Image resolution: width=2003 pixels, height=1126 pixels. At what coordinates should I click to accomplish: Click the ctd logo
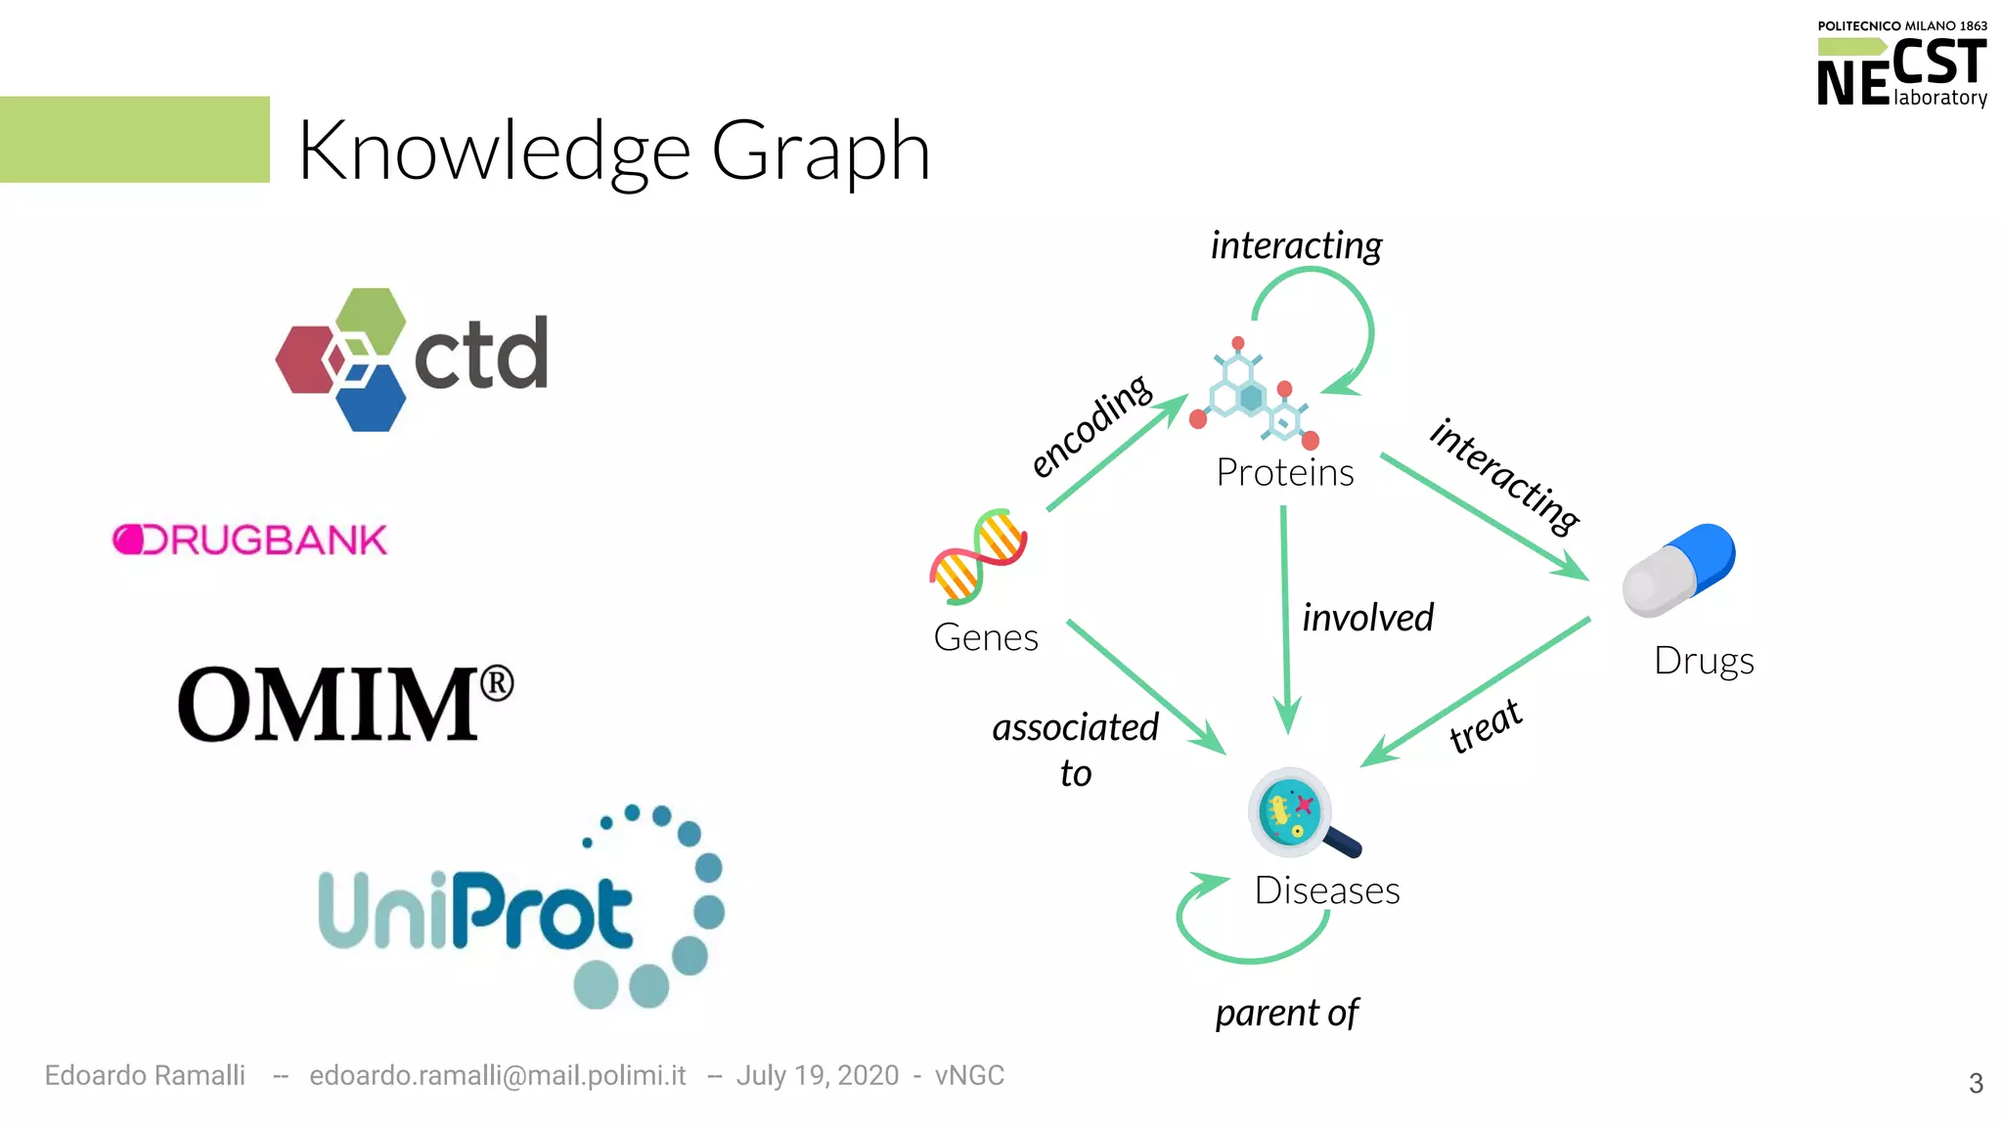point(411,359)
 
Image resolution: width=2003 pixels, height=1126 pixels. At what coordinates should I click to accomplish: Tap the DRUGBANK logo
point(250,540)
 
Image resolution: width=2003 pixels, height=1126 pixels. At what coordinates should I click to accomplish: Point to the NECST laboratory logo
point(1901,65)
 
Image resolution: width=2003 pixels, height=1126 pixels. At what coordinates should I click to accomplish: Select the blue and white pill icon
point(1678,570)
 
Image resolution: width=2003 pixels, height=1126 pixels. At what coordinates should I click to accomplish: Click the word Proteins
point(1284,472)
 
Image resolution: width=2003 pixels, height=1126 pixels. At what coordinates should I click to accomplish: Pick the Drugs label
point(1703,661)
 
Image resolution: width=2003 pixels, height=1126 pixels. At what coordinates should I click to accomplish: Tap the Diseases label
point(1326,890)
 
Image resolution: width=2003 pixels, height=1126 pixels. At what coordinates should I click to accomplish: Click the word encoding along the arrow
point(1091,426)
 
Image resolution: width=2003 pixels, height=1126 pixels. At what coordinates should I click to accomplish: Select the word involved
point(1367,618)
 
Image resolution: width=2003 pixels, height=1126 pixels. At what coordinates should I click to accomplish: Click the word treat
point(1485,726)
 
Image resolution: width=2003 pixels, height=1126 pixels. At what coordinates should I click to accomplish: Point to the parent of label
point(1286,1014)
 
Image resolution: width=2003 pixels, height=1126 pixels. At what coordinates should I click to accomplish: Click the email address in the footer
point(497,1075)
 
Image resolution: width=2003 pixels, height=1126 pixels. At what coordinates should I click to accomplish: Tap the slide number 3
point(1975,1083)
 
